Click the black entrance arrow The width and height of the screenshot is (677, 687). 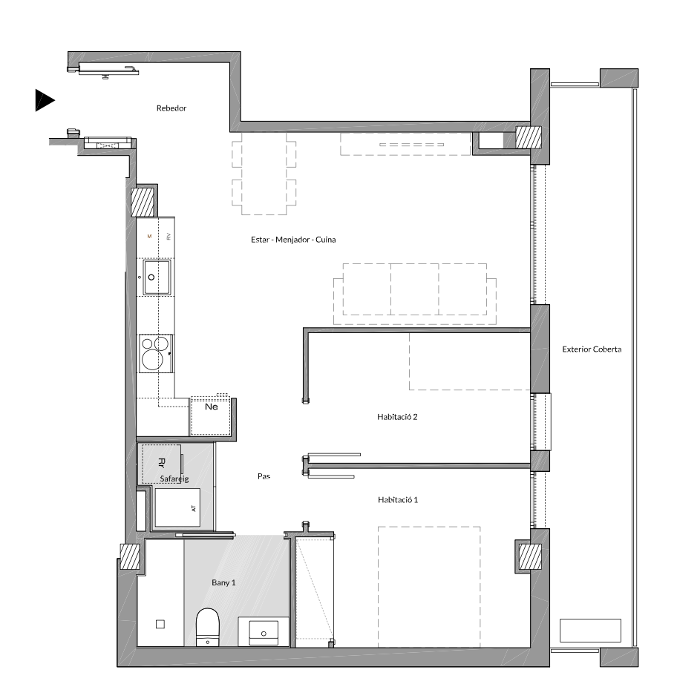tap(44, 100)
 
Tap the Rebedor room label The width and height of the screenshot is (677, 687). tap(171, 108)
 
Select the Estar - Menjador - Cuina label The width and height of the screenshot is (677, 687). tap(293, 240)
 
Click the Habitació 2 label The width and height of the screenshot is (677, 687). tap(397, 417)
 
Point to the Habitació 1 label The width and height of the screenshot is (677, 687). tap(398, 499)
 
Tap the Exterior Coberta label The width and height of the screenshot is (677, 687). tap(592, 349)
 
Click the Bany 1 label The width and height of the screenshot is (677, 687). tap(223, 582)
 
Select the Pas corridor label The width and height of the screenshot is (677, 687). tap(264, 476)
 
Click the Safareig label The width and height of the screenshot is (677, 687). tap(174, 479)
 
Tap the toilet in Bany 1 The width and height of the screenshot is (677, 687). tap(207, 627)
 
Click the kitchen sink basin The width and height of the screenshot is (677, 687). tap(157, 277)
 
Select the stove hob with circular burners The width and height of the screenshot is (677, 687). tap(156, 354)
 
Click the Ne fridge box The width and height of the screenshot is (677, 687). tap(211, 416)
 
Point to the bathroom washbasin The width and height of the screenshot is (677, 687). tap(263, 632)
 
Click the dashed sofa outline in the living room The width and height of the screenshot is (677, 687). tap(415, 294)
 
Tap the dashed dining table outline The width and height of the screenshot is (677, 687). tap(264, 174)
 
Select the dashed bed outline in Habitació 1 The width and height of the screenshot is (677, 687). tap(429, 587)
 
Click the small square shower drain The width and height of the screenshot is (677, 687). tap(160, 625)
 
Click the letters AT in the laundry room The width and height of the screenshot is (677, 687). tap(194, 508)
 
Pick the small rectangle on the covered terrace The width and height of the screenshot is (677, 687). tap(590, 631)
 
